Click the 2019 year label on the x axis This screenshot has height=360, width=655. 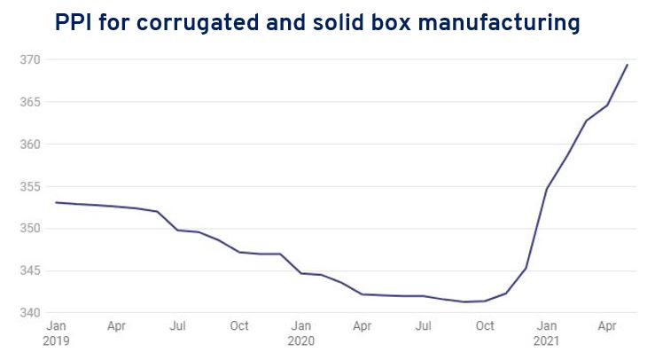click(x=55, y=340)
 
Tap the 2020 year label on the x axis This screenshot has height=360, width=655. click(x=300, y=340)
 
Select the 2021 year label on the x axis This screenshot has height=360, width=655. click(x=546, y=340)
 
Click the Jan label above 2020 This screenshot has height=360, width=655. click(x=300, y=326)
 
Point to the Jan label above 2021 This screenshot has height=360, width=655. click(x=546, y=326)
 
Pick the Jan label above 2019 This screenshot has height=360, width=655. click(x=55, y=326)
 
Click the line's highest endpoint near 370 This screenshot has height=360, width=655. click(x=628, y=64)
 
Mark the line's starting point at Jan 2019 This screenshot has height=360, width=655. click(x=56, y=202)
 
